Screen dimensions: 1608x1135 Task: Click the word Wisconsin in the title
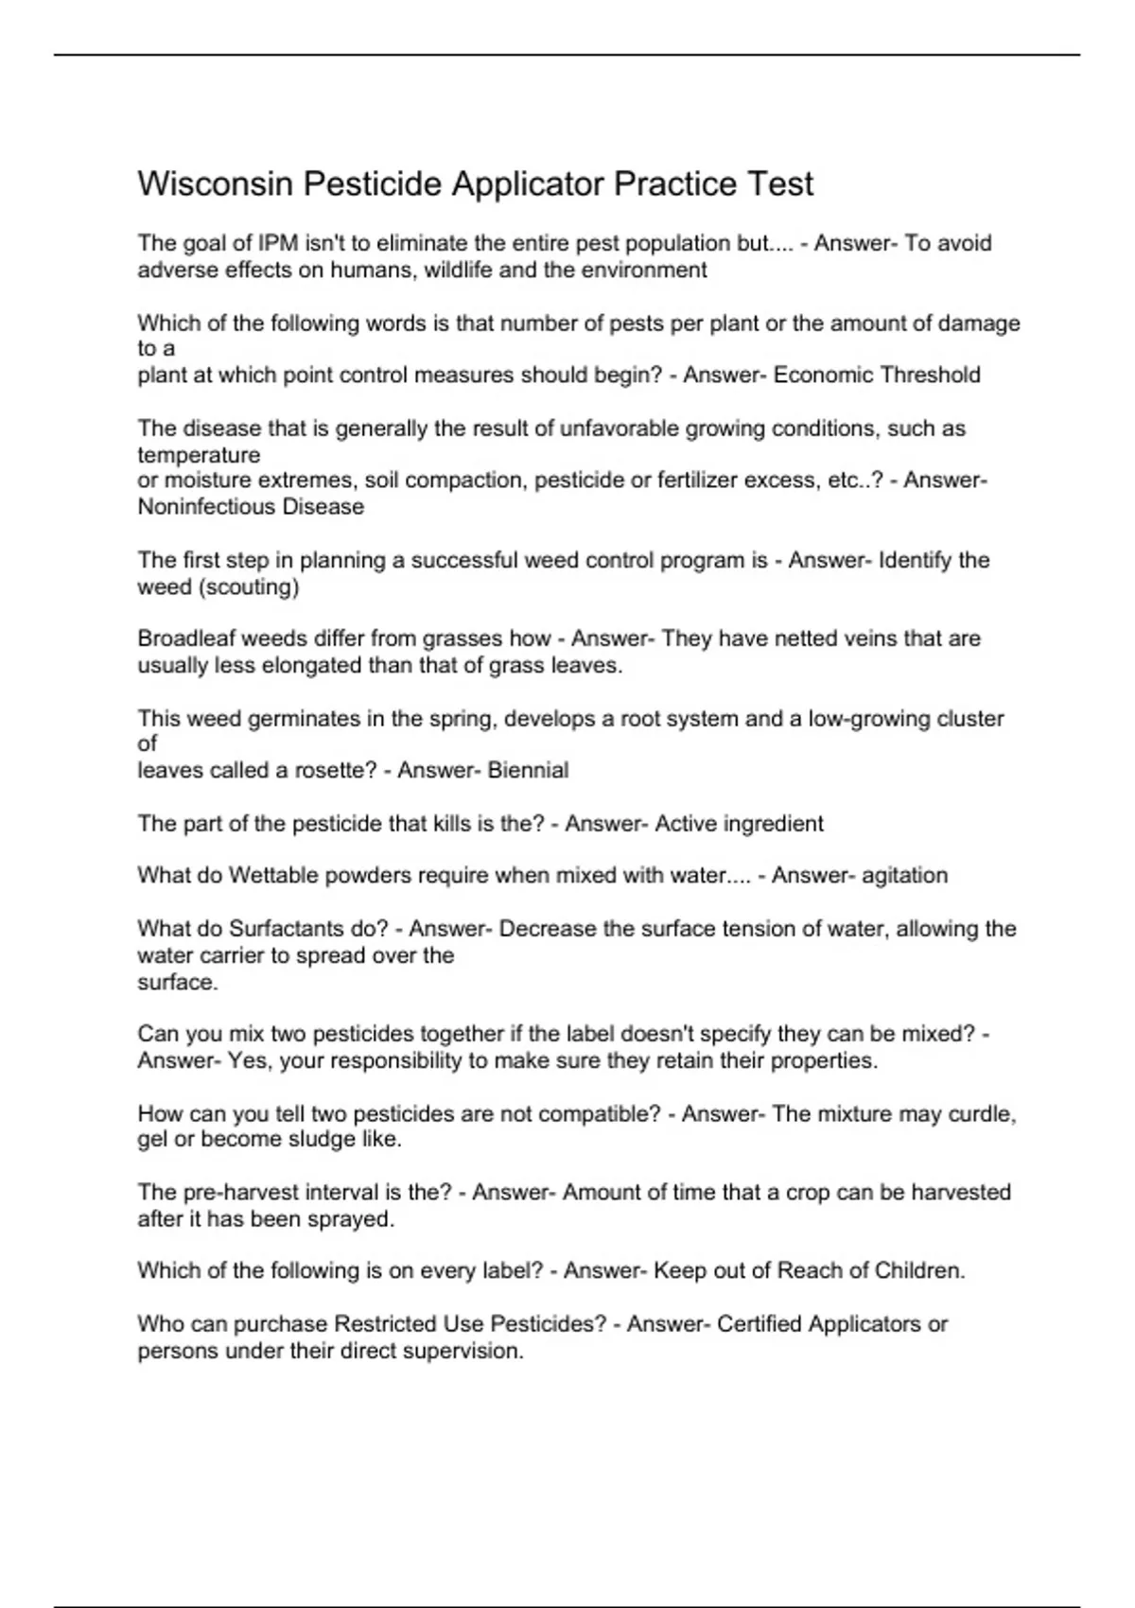pyautogui.click(x=215, y=184)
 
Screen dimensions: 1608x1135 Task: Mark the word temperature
pyautogui.click(x=199, y=455)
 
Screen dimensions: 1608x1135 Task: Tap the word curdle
pyautogui.click(x=982, y=1114)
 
